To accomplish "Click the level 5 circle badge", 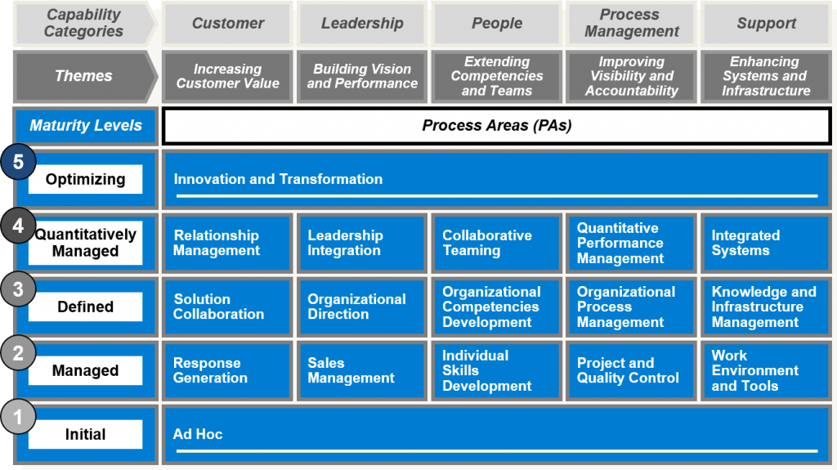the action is click(x=18, y=161).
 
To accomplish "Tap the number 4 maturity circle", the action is click(x=18, y=226).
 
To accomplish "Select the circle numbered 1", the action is click(x=18, y=417).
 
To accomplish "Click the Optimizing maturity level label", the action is click(x=85, y=179).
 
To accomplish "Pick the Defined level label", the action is click(x=85, y=307).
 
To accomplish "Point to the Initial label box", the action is click(x=85, y=434).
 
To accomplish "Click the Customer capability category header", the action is click(x=228, y=23).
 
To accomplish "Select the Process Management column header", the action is click(x=632, y=23).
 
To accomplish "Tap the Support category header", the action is click(x=766, y=23).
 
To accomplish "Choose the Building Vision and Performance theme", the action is click(x=362, y=76).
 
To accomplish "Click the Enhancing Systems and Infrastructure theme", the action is click(x=766, y=76).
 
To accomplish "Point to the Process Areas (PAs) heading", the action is click(x=497, y=126).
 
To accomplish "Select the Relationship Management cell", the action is click(x=228, y=243).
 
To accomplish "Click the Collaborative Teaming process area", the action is click(x=497, y=243).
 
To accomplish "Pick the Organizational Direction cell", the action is click(x=362, y=307).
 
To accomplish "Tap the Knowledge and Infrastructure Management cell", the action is click(x=766, y=307).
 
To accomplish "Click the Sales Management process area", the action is click(x=362, y=370).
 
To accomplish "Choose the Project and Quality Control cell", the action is click(x=632, y=370).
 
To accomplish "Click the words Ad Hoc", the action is click(x=198, y=434).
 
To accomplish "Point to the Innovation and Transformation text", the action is click(x=278, y=179).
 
